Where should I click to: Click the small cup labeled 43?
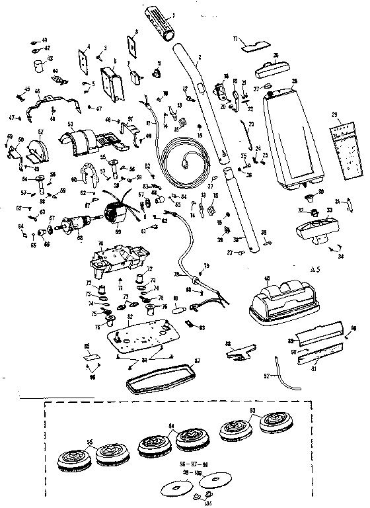pyautogui.click(x=38, y=69)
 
